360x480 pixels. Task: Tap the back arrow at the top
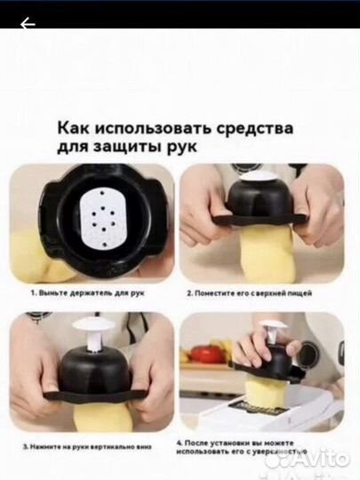click(28, 24)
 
